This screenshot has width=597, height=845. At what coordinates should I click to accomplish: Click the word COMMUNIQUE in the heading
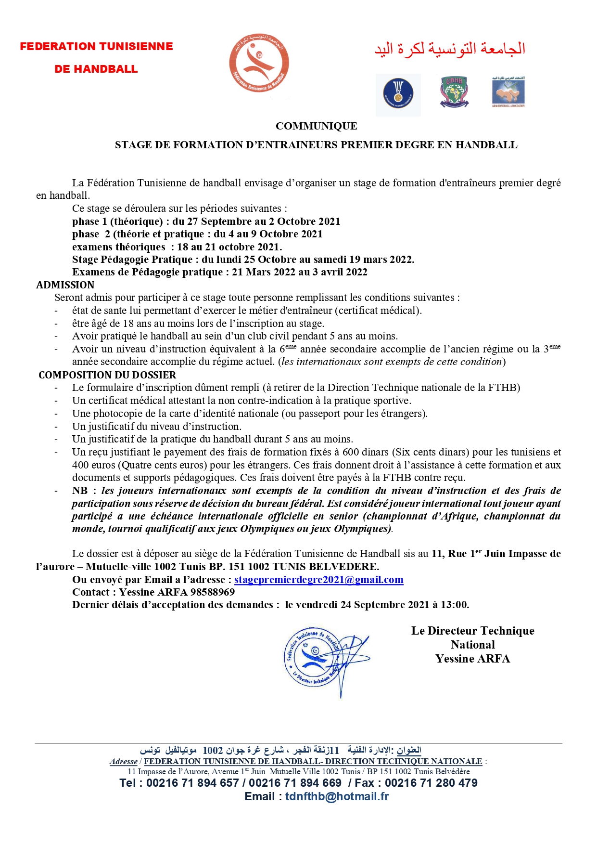point(316,126)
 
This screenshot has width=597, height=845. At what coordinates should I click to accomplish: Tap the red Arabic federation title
point(450,49)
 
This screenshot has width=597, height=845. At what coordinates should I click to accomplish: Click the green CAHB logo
point(454,91)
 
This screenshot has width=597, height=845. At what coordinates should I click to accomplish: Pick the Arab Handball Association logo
point(508,91)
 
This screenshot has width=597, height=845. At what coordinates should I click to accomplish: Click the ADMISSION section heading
point(65,285)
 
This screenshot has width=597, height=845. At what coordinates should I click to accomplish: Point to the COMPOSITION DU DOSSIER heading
point(107,375)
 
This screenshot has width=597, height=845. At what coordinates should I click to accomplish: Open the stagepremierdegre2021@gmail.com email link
point(318,580)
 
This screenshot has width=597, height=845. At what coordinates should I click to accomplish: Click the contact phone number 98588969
point(213,592)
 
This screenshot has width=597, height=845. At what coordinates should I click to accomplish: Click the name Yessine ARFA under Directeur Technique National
point(472,659)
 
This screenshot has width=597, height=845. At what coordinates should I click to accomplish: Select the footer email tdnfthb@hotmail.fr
point(337,796)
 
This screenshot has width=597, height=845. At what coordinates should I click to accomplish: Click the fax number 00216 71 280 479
point(431,783)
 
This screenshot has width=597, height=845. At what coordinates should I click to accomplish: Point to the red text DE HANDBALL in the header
point(96,69)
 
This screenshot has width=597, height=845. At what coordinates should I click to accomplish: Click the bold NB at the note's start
point(80,491)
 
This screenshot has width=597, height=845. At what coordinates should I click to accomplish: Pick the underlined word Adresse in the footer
point(124,762)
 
